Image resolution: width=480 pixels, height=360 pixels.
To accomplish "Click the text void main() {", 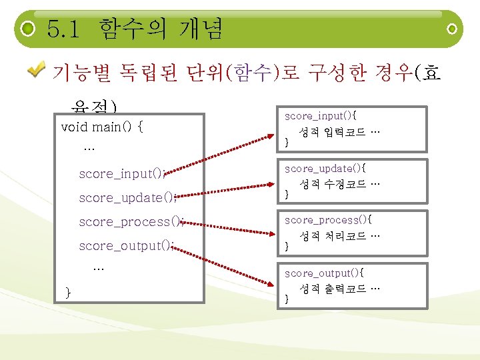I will (101, 127).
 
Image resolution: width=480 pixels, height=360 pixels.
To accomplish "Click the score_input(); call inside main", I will (122, 174).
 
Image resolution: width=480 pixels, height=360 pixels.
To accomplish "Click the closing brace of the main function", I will (68, 291).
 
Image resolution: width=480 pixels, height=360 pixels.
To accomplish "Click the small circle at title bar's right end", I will (453, 29).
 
